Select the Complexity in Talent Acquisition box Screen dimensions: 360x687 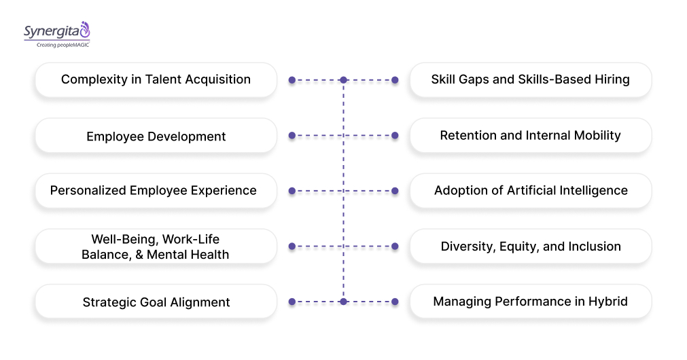[156, 79]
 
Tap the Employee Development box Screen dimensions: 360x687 [156, 136]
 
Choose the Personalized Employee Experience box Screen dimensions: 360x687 [156, 191]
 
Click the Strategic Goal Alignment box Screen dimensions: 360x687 [156, 302]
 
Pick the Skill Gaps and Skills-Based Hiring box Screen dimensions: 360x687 [530, 79]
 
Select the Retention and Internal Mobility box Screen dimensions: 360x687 [530, 135]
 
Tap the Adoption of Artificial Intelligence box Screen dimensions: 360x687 [530, 191]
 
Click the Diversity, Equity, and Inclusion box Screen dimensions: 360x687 [530, 246]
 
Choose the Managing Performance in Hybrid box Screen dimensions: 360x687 [530, 301]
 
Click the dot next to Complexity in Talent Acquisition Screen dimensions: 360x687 [292, 80]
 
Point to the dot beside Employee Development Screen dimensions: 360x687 [292, 135]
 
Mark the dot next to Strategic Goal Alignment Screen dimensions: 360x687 [292, 302]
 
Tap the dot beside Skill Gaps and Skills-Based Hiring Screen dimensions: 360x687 [395, 80]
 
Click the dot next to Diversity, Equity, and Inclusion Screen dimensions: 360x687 [395, 246]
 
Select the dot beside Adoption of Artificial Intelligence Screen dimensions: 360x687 [395, 191]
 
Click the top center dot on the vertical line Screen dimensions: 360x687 [343, 80]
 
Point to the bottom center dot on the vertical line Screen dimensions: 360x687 [343, 302]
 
